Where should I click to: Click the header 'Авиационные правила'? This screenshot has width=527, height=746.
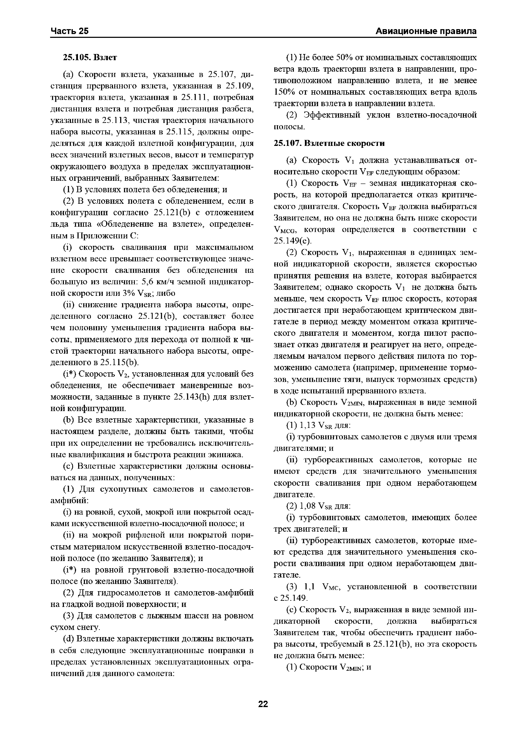coord(426,31)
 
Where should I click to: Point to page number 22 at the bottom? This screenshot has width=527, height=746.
coord(263,704)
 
